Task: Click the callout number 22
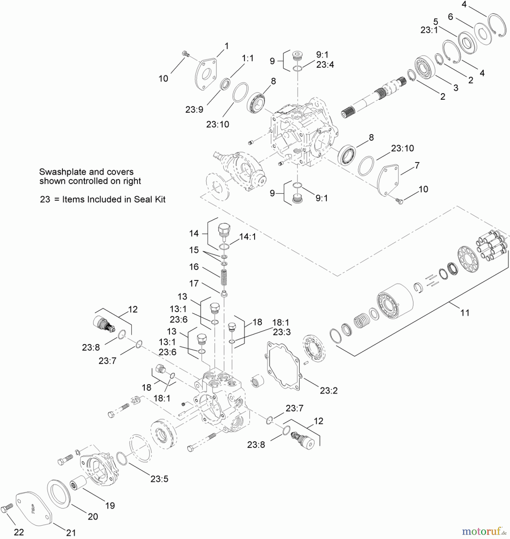click(19, 532)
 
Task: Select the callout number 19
click(110, 505)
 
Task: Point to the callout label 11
click(464, 313)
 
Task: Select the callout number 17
click(194, 283)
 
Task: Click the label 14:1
click(248, 237)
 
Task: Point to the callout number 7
click(417, 165)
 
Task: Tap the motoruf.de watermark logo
click(483, 531)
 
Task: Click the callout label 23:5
click(159, 479)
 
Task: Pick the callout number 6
click(450, 17)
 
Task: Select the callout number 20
click(93, 517)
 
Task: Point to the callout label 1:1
click(248, 58)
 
